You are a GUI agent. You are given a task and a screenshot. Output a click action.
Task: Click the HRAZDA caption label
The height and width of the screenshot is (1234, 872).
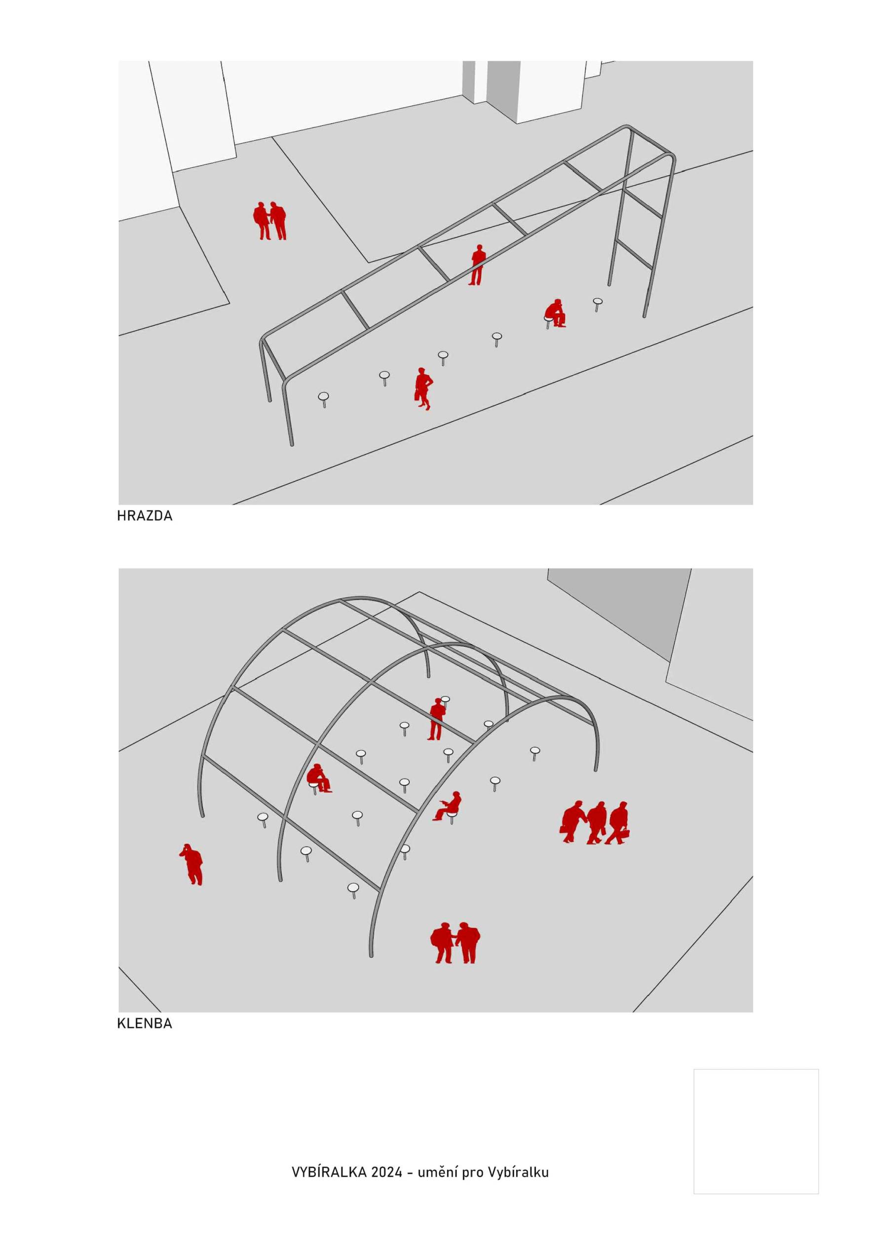(145, 516)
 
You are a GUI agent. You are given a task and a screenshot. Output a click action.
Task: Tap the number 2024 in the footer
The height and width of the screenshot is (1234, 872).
(386, 1172)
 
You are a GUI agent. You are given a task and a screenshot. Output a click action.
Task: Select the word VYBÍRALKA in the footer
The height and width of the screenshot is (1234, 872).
(329, 1172)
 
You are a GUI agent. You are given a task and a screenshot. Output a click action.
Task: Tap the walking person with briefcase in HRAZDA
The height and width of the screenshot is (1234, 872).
(423, 388)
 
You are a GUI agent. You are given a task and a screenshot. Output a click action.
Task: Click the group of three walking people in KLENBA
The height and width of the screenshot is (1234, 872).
(594, 822)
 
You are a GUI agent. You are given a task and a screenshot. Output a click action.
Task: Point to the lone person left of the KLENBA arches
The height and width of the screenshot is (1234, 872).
(191, 864)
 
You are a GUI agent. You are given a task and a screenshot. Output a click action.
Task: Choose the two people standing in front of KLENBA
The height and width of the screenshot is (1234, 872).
(455, 943)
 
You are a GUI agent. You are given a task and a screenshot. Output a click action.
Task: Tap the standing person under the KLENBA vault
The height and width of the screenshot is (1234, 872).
(437, 719)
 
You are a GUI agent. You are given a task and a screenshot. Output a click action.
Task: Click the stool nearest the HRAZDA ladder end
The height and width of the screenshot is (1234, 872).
(598, 304)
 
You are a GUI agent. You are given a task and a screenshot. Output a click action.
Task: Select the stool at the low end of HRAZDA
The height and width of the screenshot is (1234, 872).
(323, 399)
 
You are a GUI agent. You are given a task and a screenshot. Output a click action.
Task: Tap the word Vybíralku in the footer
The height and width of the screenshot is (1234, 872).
(518, 1172)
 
